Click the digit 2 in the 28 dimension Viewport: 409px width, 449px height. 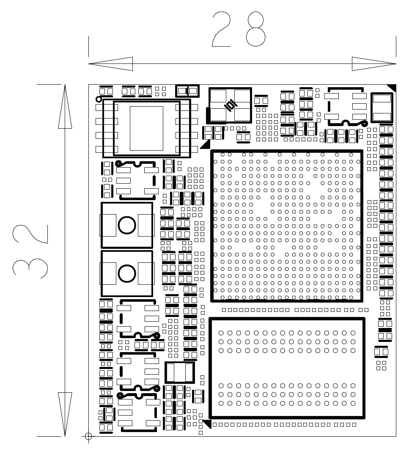[221, 29]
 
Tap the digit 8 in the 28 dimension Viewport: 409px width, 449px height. [256, 29]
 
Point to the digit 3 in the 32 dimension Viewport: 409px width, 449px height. [30, 267]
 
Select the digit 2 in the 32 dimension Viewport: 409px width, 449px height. [30, 234]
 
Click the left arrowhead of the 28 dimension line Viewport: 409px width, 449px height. [110, 63]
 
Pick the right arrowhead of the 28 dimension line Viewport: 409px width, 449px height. [374, 63]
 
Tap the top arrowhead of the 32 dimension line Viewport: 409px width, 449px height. [65, 106]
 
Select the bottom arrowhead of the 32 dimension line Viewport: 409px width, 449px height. [65, 414]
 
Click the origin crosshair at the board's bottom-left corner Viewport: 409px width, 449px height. [88, 436]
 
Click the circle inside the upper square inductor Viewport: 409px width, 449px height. [127, 225]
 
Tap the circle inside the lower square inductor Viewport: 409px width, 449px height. [127, 273]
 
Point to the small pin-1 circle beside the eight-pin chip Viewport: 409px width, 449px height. [99, 99]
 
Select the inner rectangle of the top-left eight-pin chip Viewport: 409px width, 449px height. [146, 128]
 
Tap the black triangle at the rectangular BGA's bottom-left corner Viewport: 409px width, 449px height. [207, 424]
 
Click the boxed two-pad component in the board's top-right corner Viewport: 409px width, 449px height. [382, 107]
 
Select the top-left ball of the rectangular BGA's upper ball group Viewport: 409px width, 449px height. [221, 333]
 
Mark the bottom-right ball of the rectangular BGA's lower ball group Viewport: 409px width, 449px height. [353, 403]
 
